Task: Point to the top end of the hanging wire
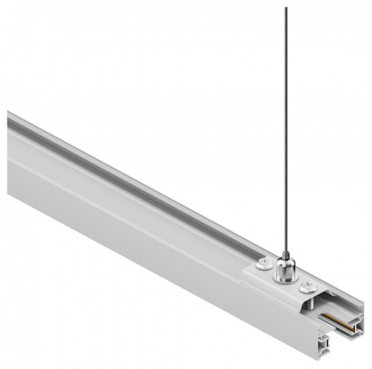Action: click(x=285, y=7)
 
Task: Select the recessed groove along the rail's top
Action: click(x=112, y=167)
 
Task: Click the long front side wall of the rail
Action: click(x=149, y=238)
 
